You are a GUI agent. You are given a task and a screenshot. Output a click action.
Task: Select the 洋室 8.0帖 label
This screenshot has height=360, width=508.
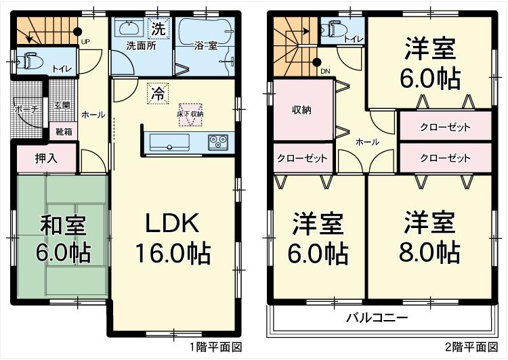(x=429, y=238)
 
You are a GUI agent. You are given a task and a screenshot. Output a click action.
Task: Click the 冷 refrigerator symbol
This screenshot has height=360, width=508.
(x=156, y=91)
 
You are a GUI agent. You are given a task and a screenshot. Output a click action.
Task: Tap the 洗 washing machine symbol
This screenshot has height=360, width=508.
(x=157, y=29)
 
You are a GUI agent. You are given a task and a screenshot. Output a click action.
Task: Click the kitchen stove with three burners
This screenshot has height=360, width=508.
(x=219, y=141)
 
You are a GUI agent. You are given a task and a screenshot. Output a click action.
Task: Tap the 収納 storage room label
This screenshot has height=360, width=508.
(x=301, y=110)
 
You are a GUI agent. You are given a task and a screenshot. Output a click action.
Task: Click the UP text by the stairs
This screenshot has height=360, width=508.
(x=85, y=42)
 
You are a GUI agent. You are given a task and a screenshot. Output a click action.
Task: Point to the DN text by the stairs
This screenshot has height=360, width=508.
(x=324, y=70)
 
